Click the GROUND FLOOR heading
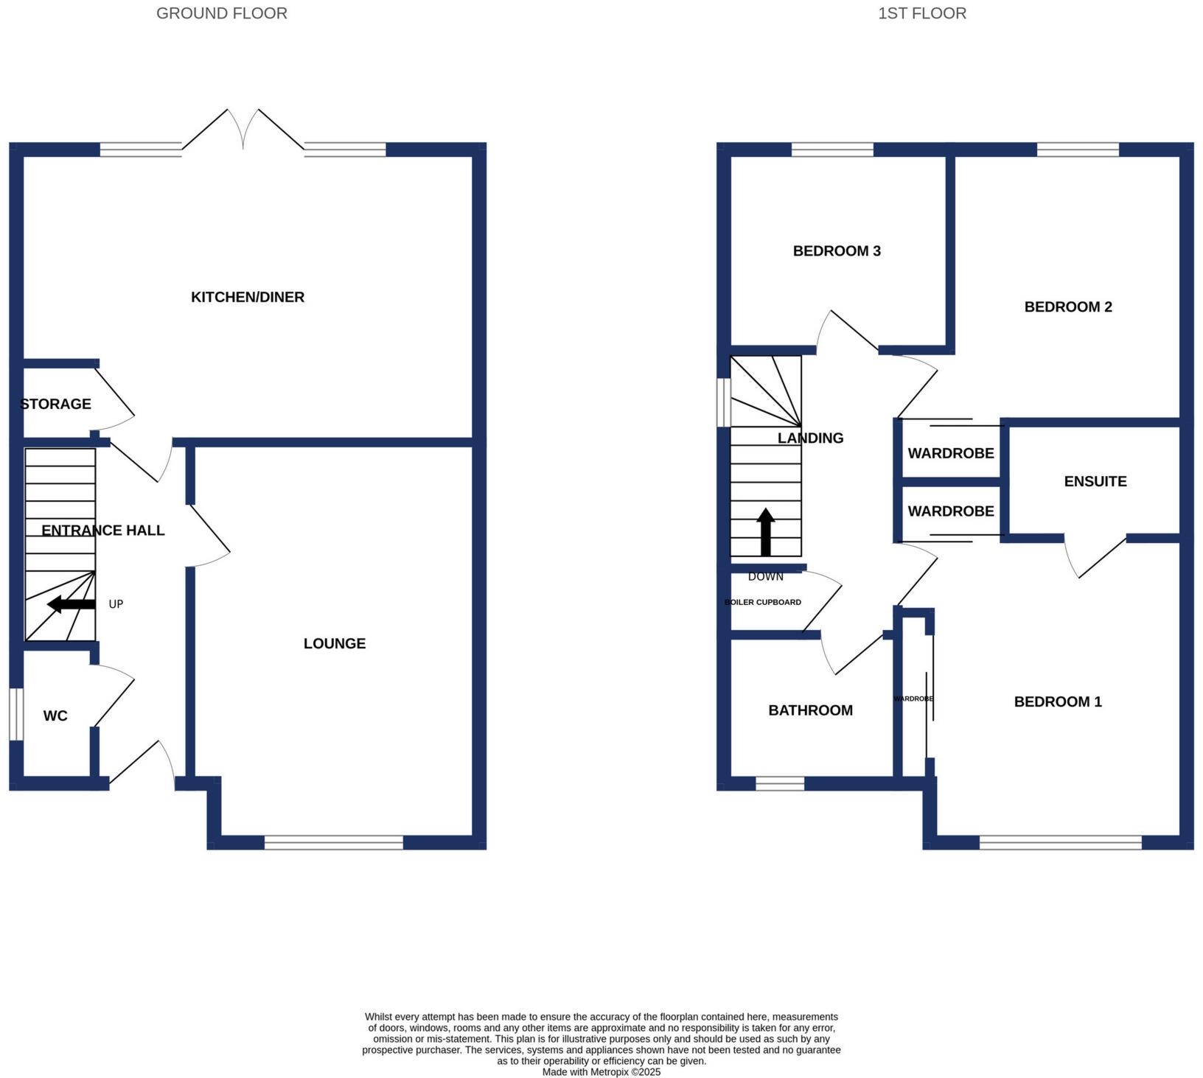coord(221,13)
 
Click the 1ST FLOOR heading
coord(921,13)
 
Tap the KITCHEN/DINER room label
coord(248,297)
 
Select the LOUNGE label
coord(335,643)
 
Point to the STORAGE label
coord(56,404)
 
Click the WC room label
coord(55,715)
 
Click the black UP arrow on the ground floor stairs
coord(72,604)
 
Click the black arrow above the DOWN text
coord(766,532)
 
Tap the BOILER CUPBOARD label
coord(763,602)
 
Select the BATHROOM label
coord(810,710)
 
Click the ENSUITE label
coord(1095,481)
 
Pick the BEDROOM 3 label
coord(837,251)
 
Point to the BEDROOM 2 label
coord(1067,307)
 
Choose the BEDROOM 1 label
coord(1058,701)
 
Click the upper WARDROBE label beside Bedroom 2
coord(950,453)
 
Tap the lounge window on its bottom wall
coord(334,842)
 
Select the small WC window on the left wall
coord(15,713)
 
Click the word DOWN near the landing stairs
coord(765,576)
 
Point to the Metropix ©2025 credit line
coord(601,1072)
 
